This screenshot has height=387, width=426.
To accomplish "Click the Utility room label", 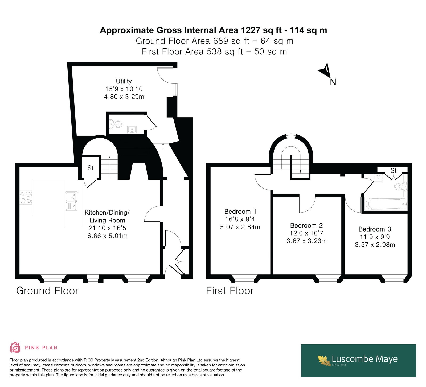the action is [124, 81].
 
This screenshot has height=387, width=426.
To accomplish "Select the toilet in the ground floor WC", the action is [116, 124].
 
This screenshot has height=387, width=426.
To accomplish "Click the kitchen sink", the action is [72, 201].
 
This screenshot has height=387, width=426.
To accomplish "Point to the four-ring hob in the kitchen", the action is [26, 198].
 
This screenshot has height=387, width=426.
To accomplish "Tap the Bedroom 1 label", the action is [240, 212].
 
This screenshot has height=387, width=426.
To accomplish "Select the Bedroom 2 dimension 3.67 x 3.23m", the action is [306, 241].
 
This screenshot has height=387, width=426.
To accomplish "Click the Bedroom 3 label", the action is [375, 229].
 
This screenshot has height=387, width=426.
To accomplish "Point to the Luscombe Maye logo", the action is [358, 360].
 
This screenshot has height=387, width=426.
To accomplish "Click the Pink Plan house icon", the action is [15, 347].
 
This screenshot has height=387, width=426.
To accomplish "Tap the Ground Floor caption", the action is [47, 291].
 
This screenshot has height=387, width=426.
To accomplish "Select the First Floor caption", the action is [230, 291].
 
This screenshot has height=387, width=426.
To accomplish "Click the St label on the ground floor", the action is [91, 168].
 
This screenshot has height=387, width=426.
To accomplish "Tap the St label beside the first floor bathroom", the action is [394, 170].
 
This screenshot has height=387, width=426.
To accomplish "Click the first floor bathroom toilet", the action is [400, 186].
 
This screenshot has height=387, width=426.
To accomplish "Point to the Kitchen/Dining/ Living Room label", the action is [107, 216].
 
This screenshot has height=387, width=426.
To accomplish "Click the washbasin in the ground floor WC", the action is [132, 130].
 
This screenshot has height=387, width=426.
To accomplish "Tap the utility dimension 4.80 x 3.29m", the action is [124, 97].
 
